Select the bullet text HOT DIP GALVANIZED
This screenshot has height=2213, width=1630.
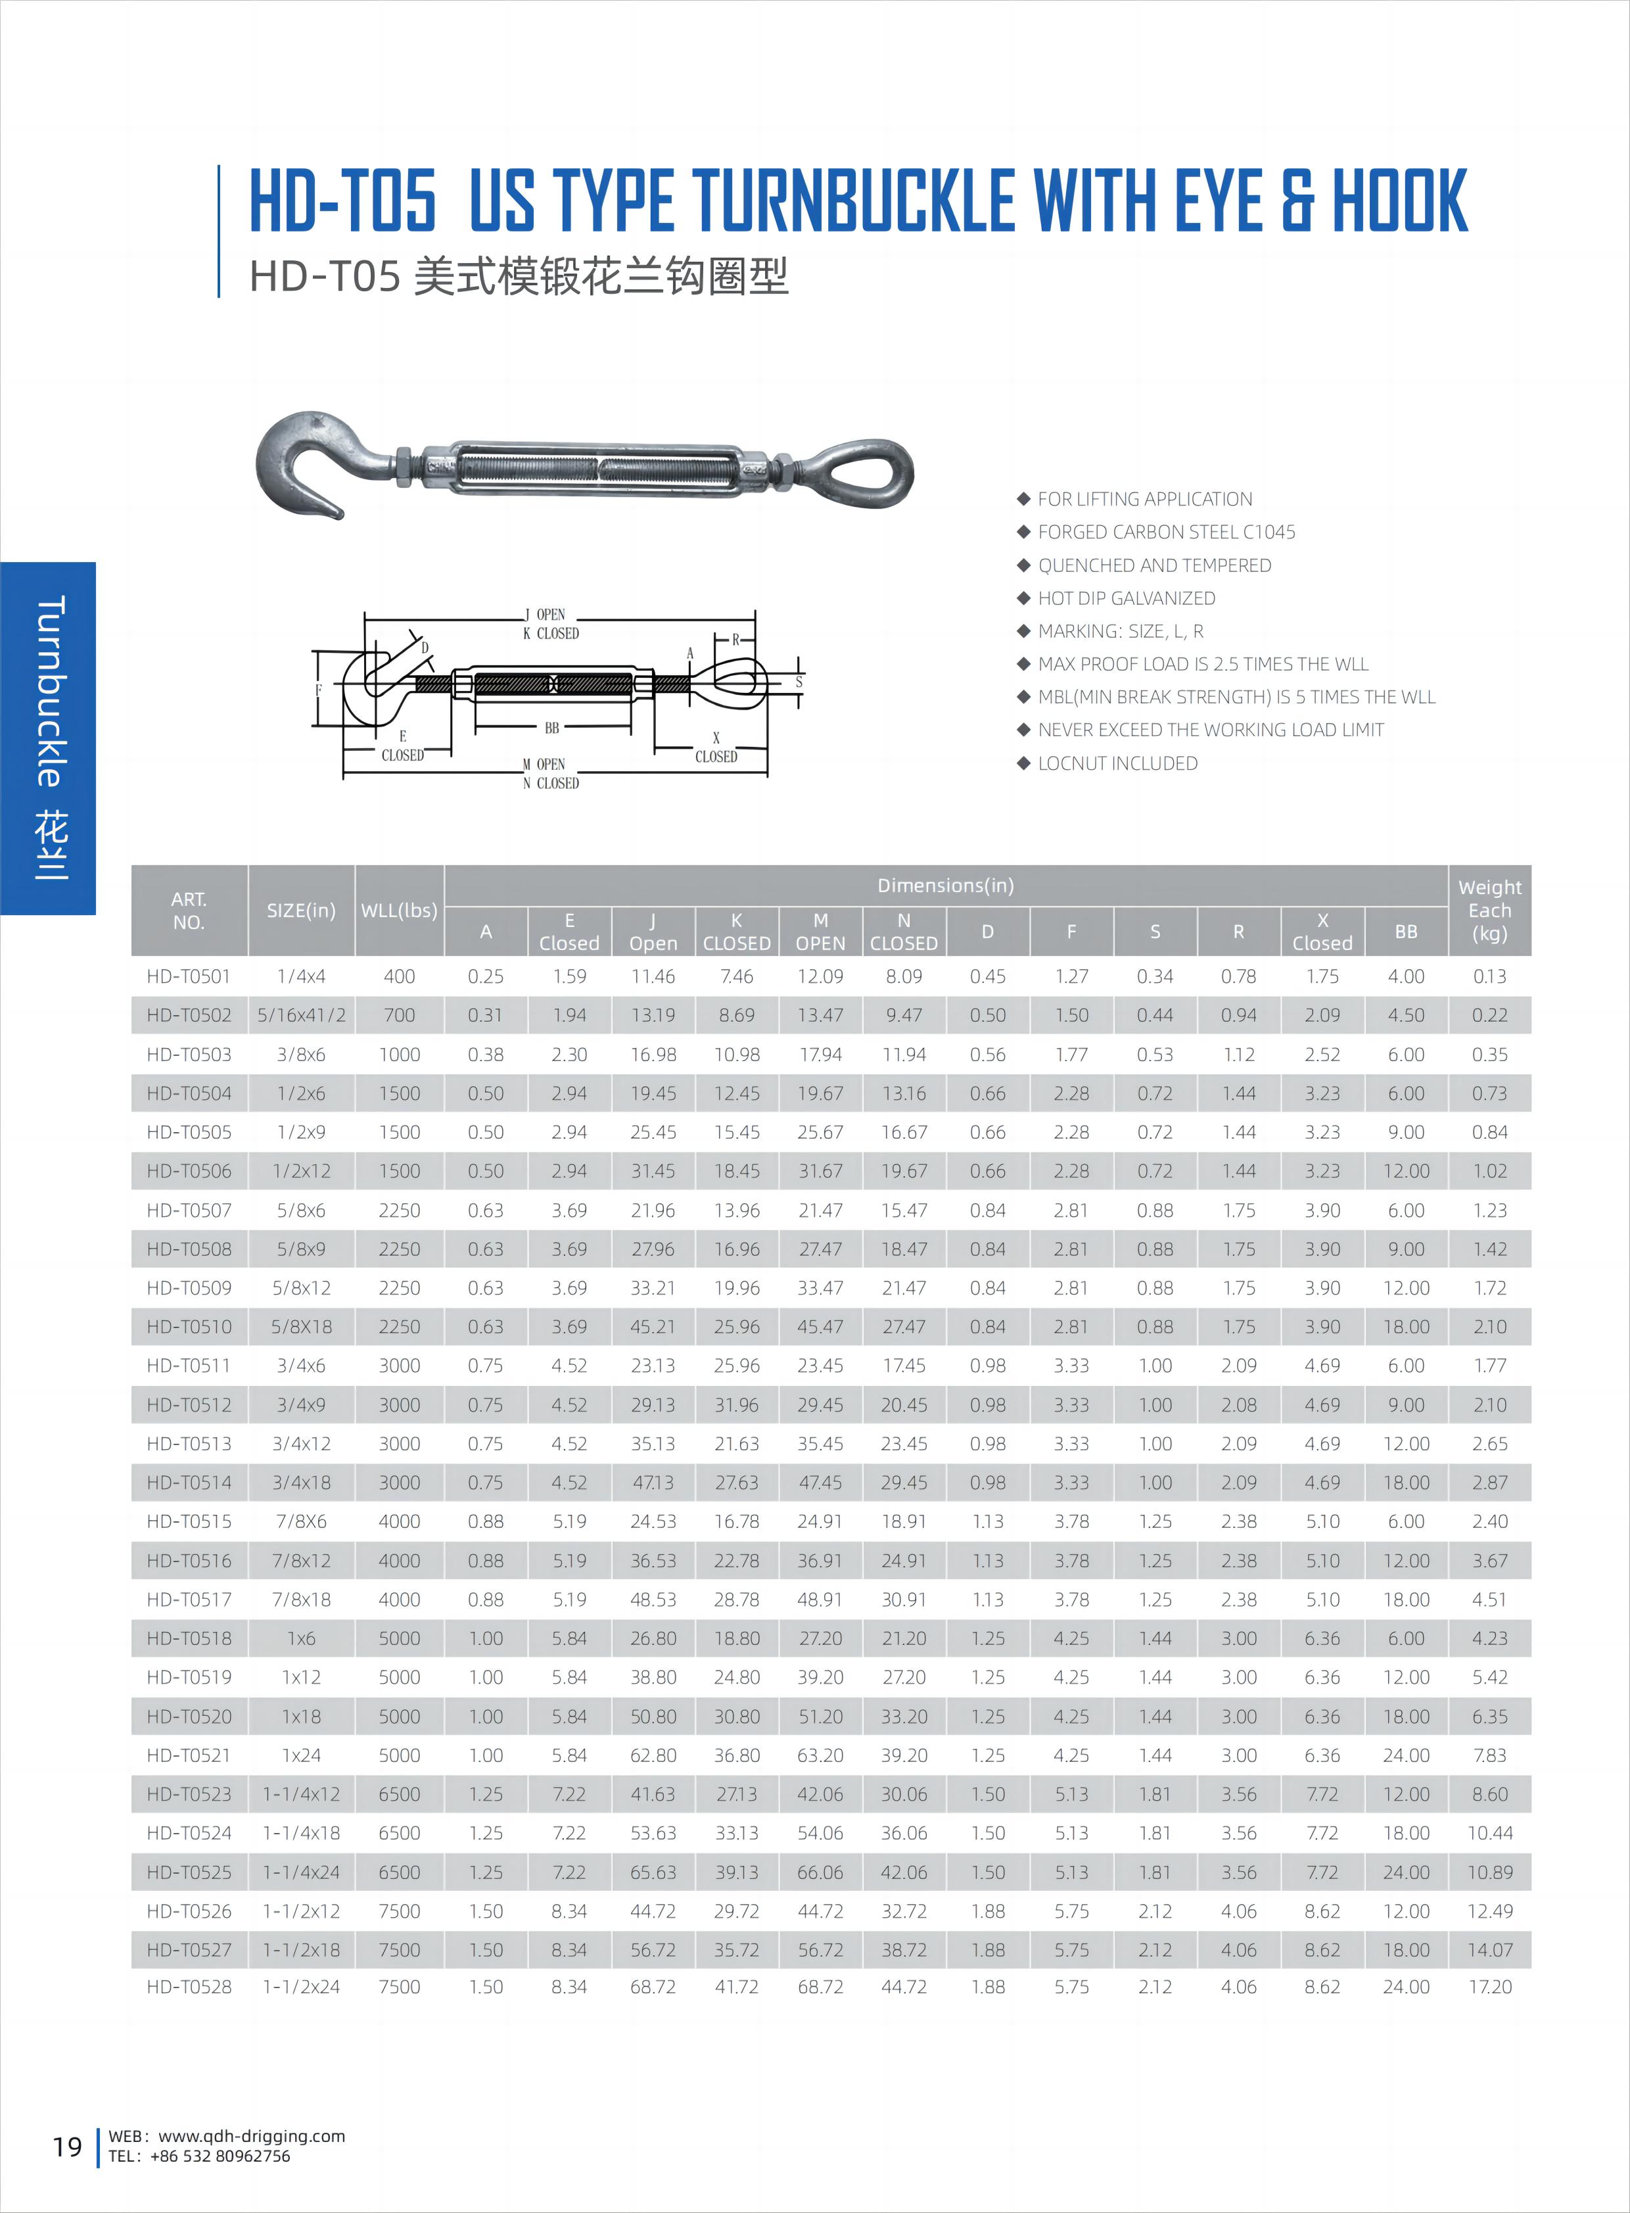tap(1126, 598)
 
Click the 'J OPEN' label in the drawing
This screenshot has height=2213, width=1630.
tap(546, 614)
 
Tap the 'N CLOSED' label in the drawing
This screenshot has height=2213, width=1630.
tap(551, 783)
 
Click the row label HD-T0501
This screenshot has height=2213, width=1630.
tap(189, 976)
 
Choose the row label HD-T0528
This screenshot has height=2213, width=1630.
tap(189, 1987)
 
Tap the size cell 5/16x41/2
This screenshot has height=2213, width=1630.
tap(301, 1014)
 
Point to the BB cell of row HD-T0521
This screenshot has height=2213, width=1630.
tap(1405, 1755)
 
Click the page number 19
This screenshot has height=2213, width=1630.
tap(67, 2147)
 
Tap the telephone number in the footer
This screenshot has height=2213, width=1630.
tap(220, 2156)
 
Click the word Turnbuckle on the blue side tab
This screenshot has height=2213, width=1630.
tap(49, 691)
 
